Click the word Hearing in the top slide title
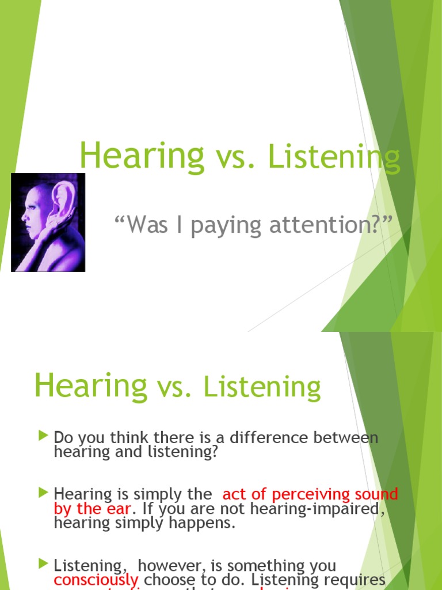pos(141,156)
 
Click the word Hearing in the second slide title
pos(90,385)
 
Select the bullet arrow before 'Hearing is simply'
pos(43,493)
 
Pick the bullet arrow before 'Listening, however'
pos(43,565)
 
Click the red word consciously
pos(96,580)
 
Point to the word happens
pos(208,523)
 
